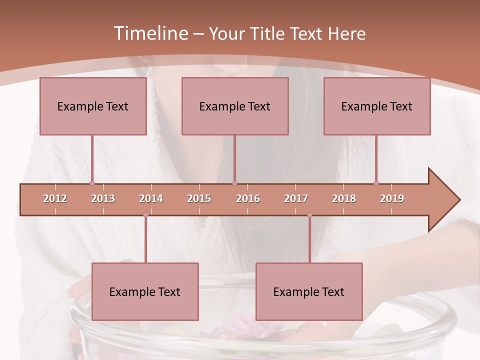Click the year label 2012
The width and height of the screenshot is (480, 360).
(x=55, y=198)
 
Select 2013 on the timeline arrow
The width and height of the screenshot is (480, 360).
(x=103, y=198)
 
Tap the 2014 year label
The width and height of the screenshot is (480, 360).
(x=151, y=198)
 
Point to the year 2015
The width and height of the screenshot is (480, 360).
(x=199, y=198)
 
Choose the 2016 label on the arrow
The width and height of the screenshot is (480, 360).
(x=248, y=198)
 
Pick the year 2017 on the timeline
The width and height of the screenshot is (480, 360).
(x=296, y=198)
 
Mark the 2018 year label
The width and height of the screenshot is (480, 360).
(x=344, y=198)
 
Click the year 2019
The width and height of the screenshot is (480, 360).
(x=392, y=198)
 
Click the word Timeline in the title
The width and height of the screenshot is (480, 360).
(x=150, y=33)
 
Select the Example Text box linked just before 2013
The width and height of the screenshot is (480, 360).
(x=93, y=106)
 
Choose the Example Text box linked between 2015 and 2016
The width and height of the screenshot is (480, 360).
(x=235, y=106)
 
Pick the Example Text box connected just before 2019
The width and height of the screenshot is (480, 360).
(x=377, y=106)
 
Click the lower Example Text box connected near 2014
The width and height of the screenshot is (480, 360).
(x=145, y=291)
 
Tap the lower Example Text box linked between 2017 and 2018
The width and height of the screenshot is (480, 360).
(x=309, y=291)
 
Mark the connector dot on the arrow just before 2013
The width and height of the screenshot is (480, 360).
(x=92, y=183)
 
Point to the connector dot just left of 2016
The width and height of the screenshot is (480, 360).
(x=235, y=183)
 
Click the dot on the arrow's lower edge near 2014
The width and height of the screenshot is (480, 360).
(x=145, y=215)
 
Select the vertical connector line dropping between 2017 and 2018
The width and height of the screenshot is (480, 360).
(x=309, y=240)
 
